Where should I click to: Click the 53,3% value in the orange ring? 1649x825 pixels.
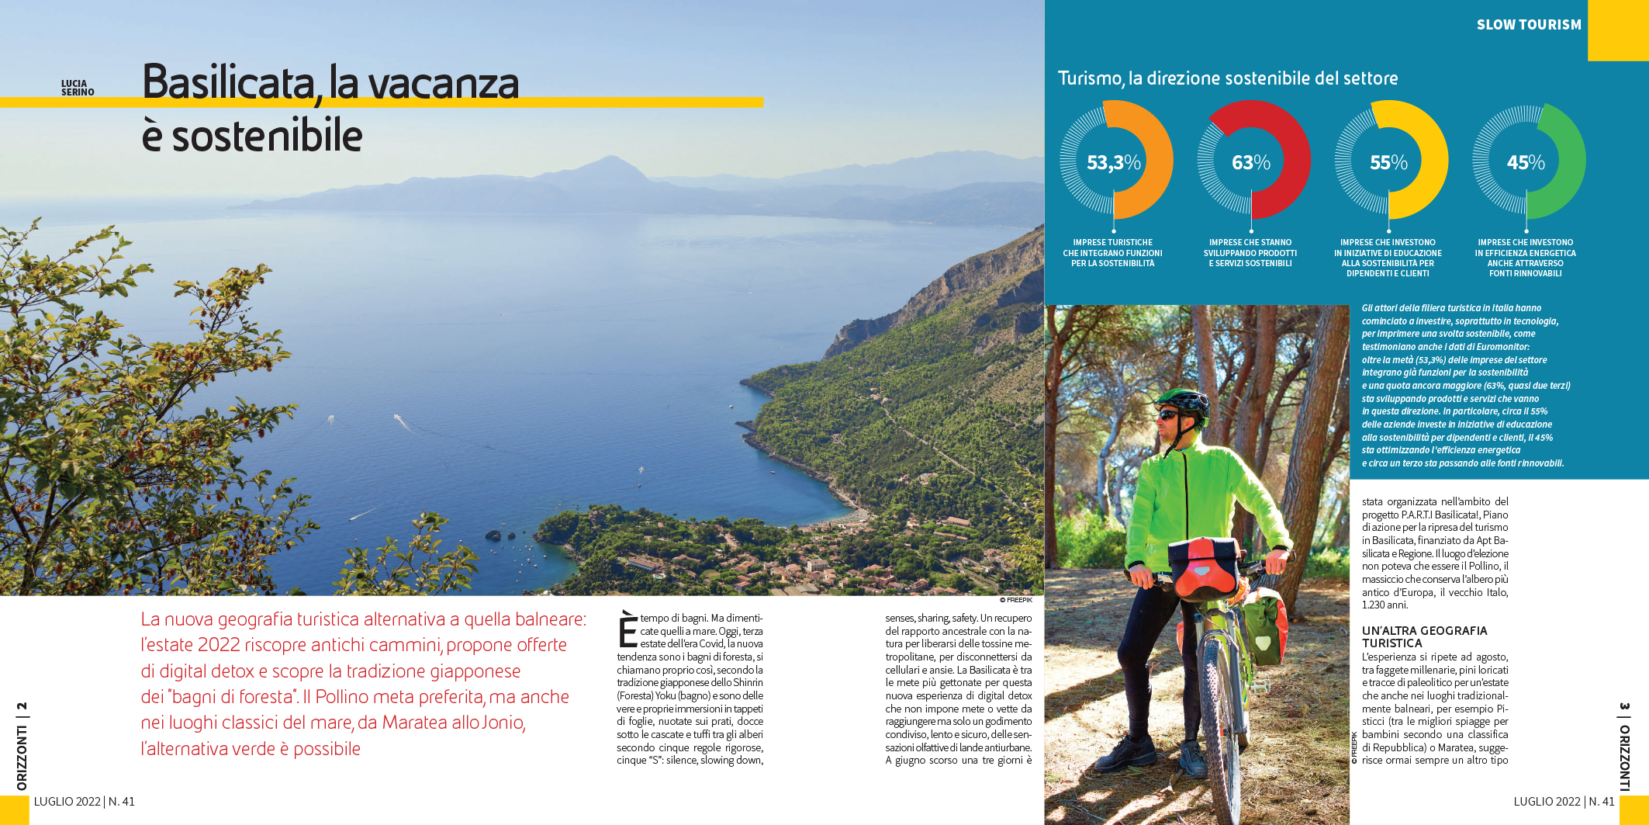click(1113, 162)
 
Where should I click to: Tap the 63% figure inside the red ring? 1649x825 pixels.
click(1250, 162)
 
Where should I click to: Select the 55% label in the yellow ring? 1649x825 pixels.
click(1388, 162)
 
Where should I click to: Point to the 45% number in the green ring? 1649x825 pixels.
click(1525, 162)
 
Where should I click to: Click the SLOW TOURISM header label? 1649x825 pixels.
click(1528, 25)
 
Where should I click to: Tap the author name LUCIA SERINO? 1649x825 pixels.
click(78, 88)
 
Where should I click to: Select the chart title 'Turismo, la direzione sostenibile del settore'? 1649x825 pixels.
click(1228, 78)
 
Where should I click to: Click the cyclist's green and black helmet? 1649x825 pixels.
click(1182, 400)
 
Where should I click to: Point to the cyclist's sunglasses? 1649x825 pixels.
click(1169, 414)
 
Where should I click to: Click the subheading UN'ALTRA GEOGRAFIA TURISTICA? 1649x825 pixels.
click(1424, 636)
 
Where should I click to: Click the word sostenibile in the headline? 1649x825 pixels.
click(267, 137)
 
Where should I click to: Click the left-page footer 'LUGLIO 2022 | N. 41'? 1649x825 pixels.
click(84, 802)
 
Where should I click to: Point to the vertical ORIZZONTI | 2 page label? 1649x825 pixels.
click(22, 746)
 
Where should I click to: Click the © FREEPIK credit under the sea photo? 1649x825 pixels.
click(1015, 600)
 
